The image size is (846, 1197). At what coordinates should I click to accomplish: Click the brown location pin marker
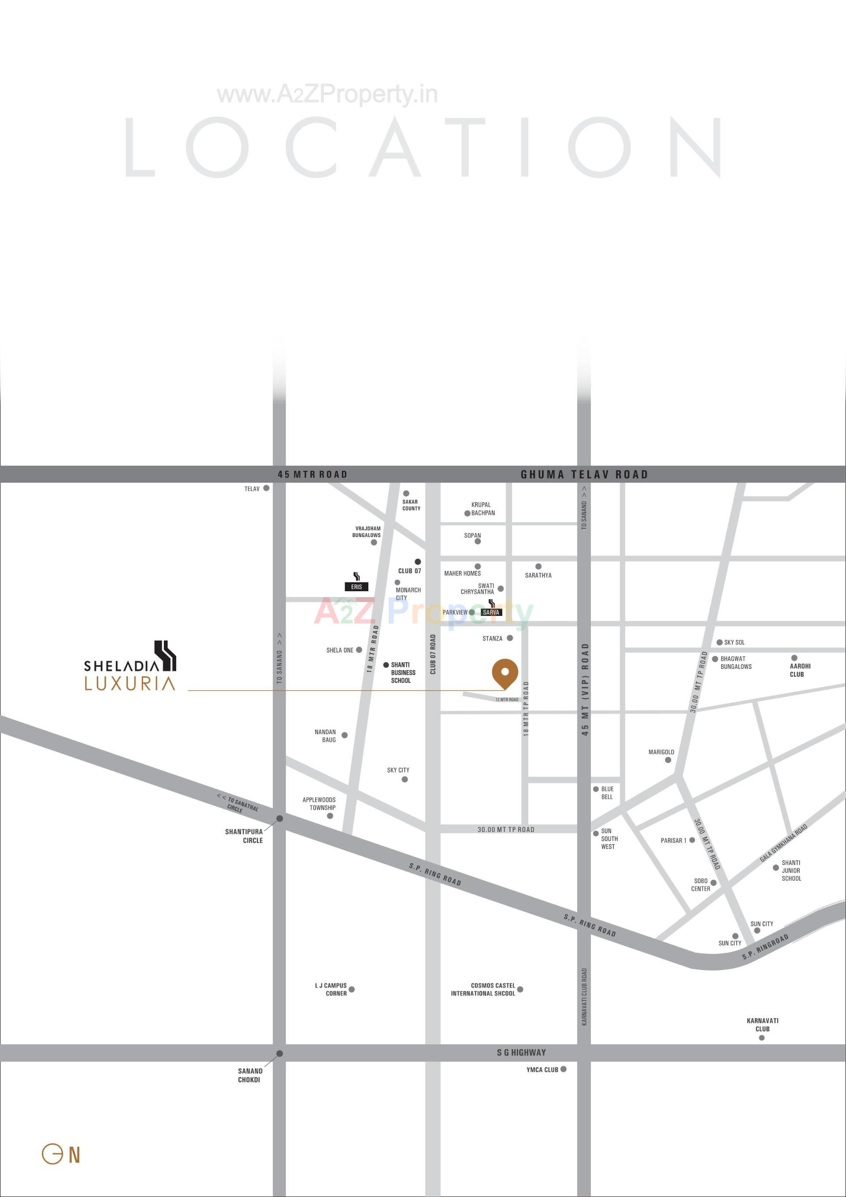point(505,673)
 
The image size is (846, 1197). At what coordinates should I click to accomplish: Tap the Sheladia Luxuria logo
point(130,667)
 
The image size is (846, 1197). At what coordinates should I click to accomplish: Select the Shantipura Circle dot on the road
point(279,819)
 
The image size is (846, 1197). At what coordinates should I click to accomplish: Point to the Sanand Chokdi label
point(250,1075)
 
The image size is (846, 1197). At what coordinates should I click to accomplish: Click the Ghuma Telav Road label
point(584,474)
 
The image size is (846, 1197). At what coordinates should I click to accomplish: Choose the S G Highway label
point(521,1052)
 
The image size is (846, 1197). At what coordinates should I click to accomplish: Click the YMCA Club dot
point(563,1069)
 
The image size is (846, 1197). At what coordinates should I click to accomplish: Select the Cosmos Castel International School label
point(483,989)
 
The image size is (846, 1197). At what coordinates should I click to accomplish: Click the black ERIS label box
point(356,586)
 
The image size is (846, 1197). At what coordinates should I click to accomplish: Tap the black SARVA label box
point(491,612)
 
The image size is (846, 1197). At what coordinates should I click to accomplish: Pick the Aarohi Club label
point(800,670)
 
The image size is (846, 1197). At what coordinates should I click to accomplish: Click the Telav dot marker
point(266,488)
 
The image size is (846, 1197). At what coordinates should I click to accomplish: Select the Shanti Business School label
point(403,673)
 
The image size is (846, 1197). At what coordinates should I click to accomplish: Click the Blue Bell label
point(607,793)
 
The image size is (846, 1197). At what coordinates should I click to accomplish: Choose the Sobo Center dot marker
point(713,882)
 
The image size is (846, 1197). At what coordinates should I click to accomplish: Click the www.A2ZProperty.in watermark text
point(327,95)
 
